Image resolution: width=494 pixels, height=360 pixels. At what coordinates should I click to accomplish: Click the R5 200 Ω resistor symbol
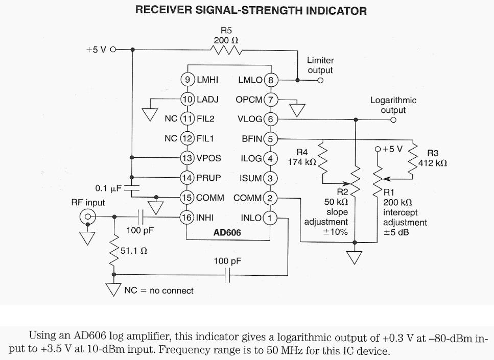225,50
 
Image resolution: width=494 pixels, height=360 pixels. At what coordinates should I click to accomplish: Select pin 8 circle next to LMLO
271,80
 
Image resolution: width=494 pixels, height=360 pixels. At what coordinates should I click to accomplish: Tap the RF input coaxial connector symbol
88,218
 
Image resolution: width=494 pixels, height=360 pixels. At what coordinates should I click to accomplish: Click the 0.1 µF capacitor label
108,188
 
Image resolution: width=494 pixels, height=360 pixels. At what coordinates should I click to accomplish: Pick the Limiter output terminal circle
320,80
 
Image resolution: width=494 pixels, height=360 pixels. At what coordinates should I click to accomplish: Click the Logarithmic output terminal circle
393,120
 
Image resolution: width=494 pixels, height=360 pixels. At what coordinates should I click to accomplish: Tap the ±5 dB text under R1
396,232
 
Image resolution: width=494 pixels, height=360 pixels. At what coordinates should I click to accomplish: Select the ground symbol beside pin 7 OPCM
297,109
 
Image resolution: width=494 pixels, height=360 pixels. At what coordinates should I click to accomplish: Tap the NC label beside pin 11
171,118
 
